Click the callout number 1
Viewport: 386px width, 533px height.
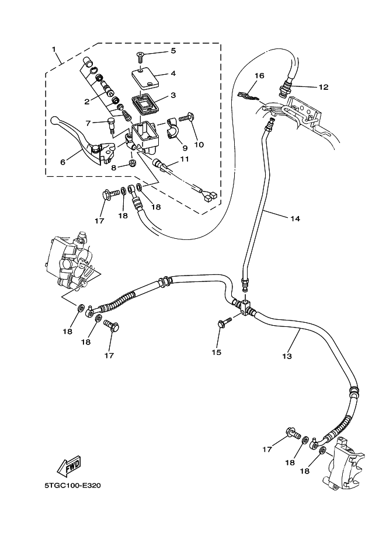[55, 50]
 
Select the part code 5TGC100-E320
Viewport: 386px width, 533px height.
[72, 486]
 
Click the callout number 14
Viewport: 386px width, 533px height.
[295, 218]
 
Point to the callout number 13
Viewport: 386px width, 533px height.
[287, 356]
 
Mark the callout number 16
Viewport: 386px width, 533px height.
[259, 76]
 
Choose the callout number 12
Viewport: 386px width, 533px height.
[324, 88]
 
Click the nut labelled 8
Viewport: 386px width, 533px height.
[133, 166]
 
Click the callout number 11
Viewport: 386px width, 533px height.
[184, 159]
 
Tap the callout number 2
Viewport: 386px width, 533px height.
[86, 101]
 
